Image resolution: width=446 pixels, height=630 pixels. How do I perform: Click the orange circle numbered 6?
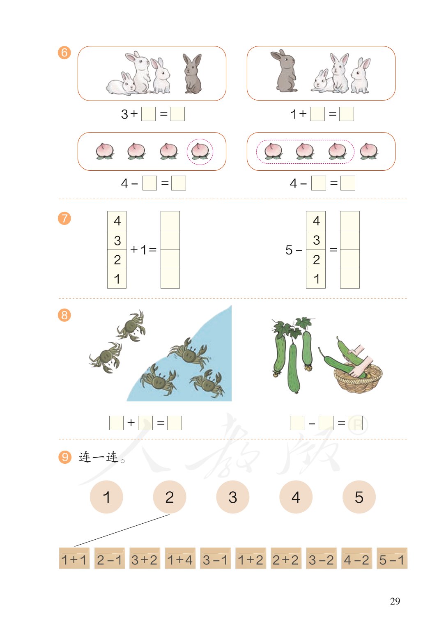[64, 53]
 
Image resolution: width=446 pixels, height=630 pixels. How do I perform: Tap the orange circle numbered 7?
[64, 218]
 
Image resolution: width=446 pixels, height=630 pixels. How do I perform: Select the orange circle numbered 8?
[64, 315]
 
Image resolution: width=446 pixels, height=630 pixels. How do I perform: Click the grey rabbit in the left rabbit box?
[192, 73]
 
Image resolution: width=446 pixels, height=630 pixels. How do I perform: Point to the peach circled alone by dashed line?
[200, 151]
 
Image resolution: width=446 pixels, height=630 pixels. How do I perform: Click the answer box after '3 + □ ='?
[177, 114]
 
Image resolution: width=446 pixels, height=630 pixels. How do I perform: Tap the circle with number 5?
[359, 497]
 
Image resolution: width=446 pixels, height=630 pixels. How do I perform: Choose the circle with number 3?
[232, 497]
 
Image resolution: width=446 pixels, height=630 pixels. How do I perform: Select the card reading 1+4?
[180, 559]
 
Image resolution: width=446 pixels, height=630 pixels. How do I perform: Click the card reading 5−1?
[392, 559]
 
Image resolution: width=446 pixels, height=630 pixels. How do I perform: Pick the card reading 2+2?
[286, 559]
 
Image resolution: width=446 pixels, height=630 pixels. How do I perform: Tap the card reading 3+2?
[145, 559]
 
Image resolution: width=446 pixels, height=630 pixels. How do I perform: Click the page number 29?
[395, 601]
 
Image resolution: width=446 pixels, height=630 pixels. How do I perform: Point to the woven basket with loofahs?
[358, 378]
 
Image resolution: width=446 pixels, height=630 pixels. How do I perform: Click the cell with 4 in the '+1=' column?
[117, 221]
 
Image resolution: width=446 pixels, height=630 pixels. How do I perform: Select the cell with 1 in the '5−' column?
[316, 279]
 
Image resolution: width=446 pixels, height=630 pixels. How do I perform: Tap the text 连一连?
[99, 457]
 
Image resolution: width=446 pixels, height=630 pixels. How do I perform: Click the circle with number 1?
[106, 497]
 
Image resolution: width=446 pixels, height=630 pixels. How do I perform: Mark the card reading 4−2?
[356, 559]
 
